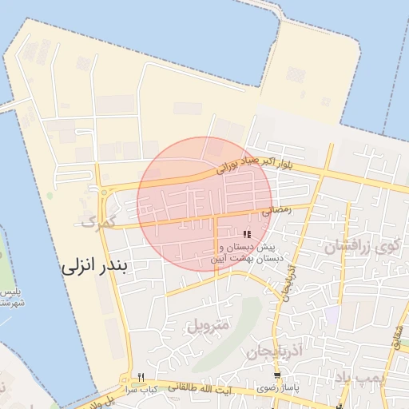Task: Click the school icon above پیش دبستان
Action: click(248, 234)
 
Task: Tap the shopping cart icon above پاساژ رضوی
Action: click(277, 376)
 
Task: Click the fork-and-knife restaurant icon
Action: click(141, 377)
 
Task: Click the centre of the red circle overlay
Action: click(204, 204)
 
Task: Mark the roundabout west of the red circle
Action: click(105, 191)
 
